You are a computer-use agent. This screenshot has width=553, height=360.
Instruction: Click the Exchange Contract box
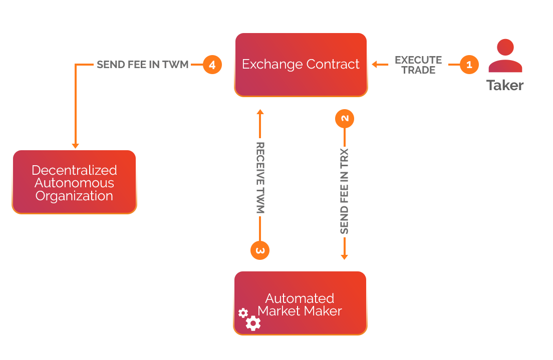point(301,65)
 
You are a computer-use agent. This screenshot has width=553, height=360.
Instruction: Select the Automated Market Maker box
point(300,303)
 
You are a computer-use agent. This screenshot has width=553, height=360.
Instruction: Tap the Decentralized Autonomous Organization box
point(74,182)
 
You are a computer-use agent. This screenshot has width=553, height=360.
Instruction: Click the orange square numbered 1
point(469,65)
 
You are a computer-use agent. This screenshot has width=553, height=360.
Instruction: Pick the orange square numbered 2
point(345,119)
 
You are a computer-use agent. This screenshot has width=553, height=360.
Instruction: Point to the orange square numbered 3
point(259,250)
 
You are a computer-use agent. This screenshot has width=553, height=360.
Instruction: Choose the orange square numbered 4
point(212,65)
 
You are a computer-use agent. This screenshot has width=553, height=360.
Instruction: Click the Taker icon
point(505,56)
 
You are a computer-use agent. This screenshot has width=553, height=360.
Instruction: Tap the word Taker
point(505,85)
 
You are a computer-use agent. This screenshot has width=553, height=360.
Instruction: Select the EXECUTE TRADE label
point(418,65)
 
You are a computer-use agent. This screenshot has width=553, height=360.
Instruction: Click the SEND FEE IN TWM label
point(142,65)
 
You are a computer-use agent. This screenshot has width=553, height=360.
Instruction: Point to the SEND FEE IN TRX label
point(344,191)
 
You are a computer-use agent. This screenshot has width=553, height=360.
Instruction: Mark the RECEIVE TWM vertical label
point(260,178)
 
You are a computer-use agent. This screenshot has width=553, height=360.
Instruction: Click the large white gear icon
point(253,323)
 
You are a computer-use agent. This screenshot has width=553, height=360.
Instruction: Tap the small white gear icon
point(243,313)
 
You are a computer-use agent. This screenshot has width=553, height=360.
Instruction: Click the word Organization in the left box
point(74,196)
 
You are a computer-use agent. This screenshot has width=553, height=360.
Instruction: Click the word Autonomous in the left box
point(74,183)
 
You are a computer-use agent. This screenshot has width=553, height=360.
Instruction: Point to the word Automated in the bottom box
point(300,298)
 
